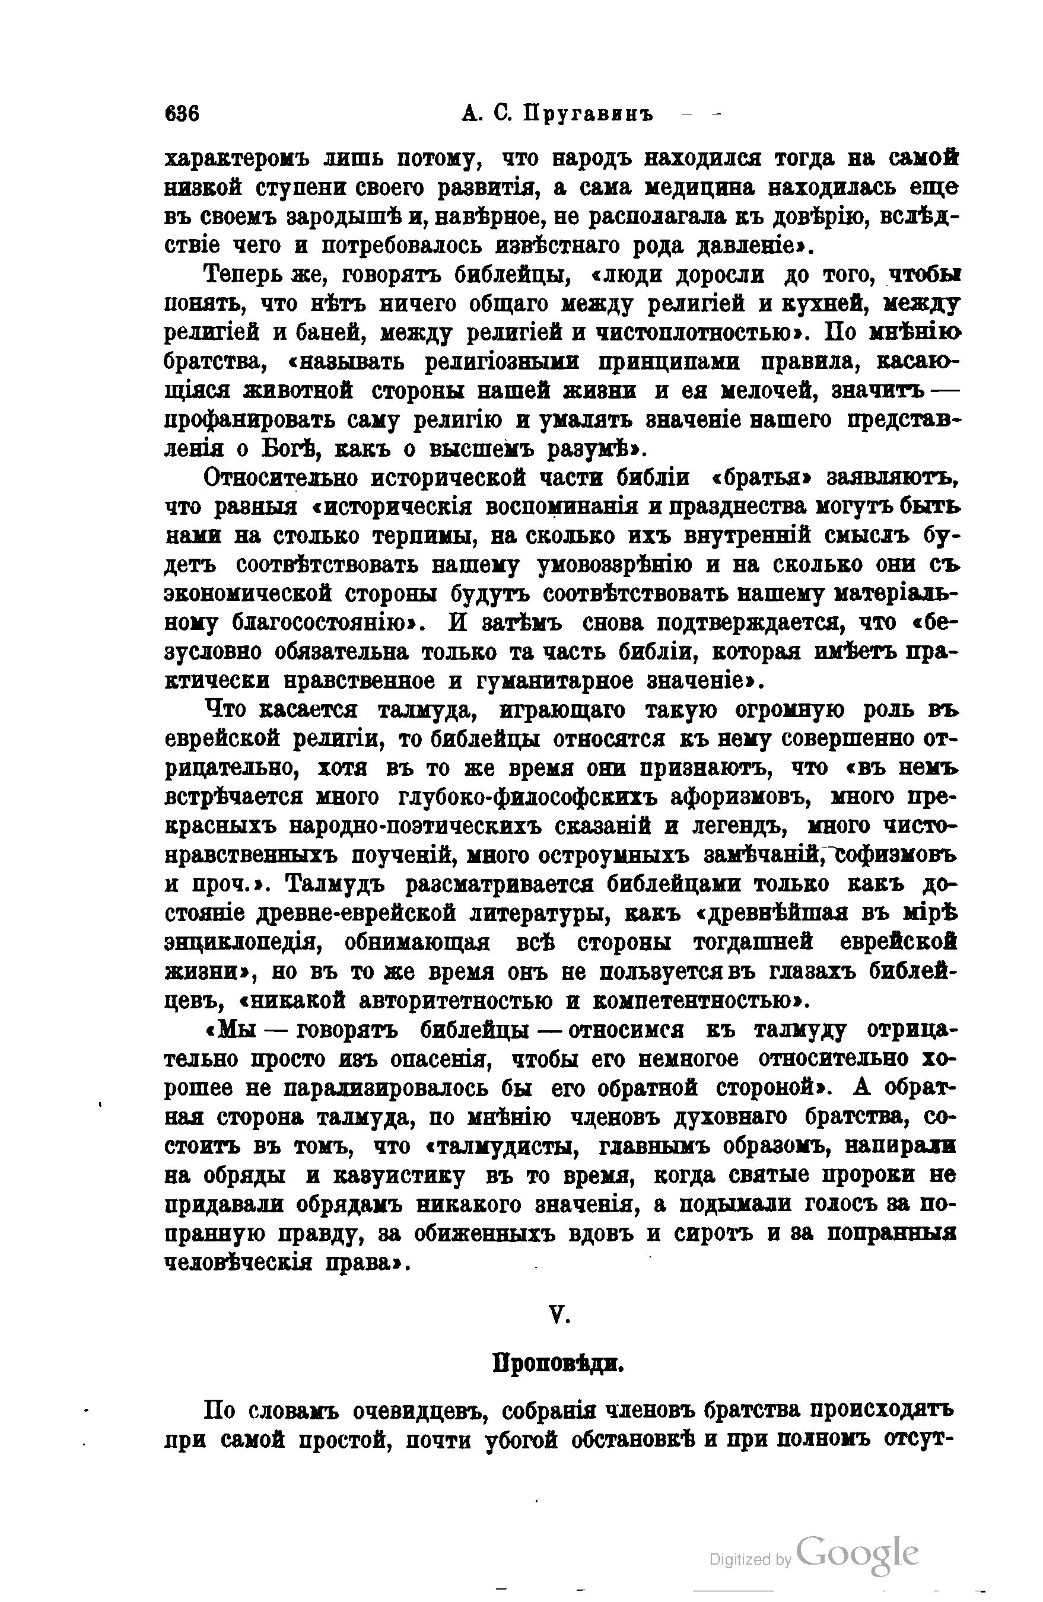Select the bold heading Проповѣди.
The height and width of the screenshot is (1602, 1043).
click(559, 1364)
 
